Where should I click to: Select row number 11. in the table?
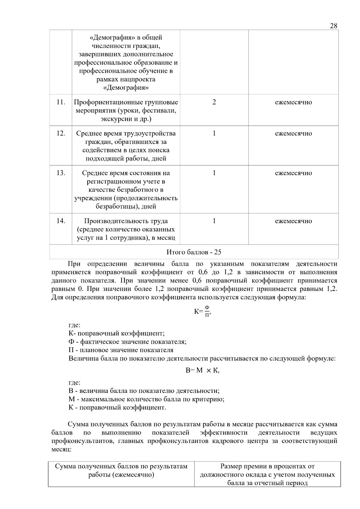click(x=61, y=102)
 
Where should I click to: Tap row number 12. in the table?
click(x=61, y=133)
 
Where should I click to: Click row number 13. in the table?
click(x=61, y=173)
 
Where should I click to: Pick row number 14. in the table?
click(x=61, y=221)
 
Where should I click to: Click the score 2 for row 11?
click(x=214, y=102)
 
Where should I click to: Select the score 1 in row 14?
click(x=214, y=221)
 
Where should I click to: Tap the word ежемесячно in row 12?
click(x=293, y=133)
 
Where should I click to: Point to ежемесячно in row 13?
click(x=293, y=173)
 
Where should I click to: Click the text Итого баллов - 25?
click(x=194, y=252)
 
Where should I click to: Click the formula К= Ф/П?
click(x=203, y=311)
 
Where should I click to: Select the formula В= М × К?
click(x=202, y=370)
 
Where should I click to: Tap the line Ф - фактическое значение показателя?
click(x=127, y=342)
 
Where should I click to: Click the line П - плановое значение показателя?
click(x=121, y=350)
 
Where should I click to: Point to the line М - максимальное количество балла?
click(x=146, y=399)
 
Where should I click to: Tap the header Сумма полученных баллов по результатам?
click(x=121, y=466)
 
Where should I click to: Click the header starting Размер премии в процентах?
click(x=267, y=466)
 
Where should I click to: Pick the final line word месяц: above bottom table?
click(x=61, y=450)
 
